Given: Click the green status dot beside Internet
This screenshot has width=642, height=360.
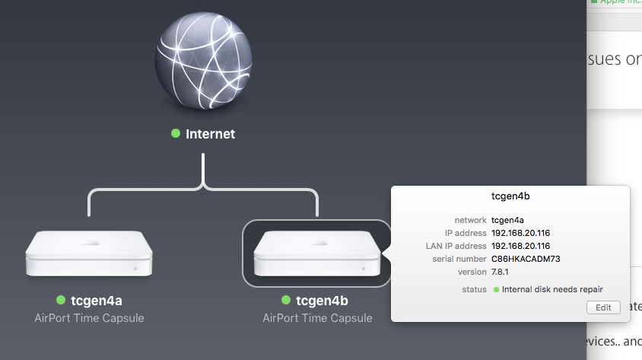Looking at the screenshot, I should coord(176,133).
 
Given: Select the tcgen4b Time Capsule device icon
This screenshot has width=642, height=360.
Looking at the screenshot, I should coord(316,253).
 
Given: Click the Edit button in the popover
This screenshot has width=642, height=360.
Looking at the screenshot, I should coord(603,307).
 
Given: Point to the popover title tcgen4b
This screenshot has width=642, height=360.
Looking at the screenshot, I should coord(511,196).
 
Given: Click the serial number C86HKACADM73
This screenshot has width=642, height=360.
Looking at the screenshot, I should coord(526,259).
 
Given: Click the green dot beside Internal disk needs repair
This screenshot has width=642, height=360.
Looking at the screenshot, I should coord(497,289).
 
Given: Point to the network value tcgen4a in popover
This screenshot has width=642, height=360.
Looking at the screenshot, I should coord(508,220).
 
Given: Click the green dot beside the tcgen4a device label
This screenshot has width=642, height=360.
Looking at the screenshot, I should coord(60,300).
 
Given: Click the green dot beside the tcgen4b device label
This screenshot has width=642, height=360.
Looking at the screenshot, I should coord(287,300).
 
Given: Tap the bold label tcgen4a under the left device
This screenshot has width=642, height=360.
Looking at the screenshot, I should coord(97,300).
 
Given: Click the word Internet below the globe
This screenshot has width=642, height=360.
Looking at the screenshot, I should coord(211,134).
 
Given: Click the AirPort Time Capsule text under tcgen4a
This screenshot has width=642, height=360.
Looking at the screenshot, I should coord(89,317).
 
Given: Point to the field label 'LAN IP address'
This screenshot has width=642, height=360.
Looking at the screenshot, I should coord(456,246).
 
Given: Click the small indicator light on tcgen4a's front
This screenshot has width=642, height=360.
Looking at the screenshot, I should coord(135,268).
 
